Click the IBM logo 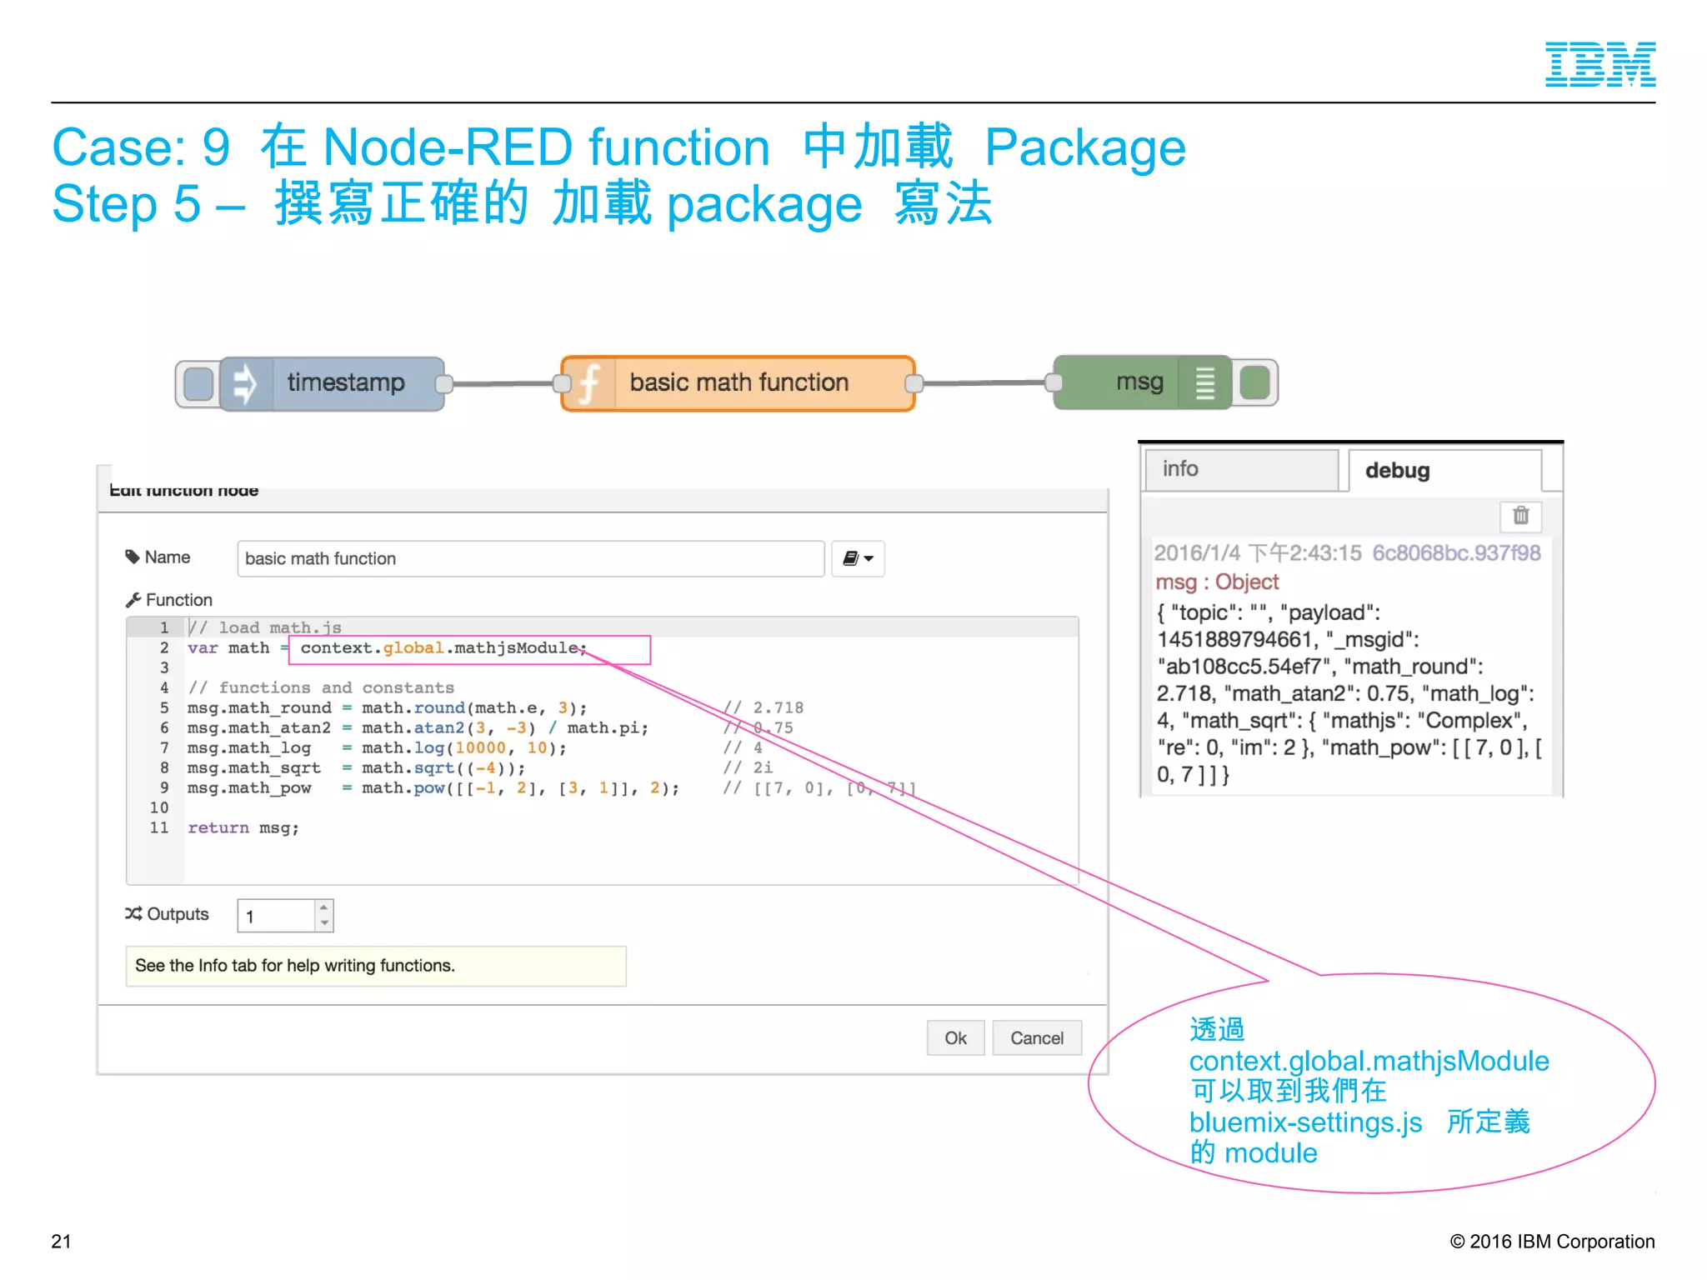pyautogui.click(x=1599, y=64)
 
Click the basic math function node pyautogui.click(x=738, y=383)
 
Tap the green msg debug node pyautogui.click(x=1139, y=382)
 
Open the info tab pyautogui.click(x=1240, y=469)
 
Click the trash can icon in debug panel pyautogui.click(x=1520, y=516)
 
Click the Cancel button pyautogui.click(x=1036, y=1038)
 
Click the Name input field pyautogui.click(x=530, y=558)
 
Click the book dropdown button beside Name pyautogui.click(x=857, y=558)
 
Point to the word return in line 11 pyautogui.click(x=218, y=827)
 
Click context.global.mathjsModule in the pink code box pyautogui.click(x=442, y=648)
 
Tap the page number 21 pyautogui.click(x=61, y=1241)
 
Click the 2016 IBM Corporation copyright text pyautogui.click(x=1552, y=1241)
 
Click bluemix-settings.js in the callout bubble pyautogui.click(x=1305, y=1122)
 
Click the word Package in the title pyautogui.click(x=1084, y=147)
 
